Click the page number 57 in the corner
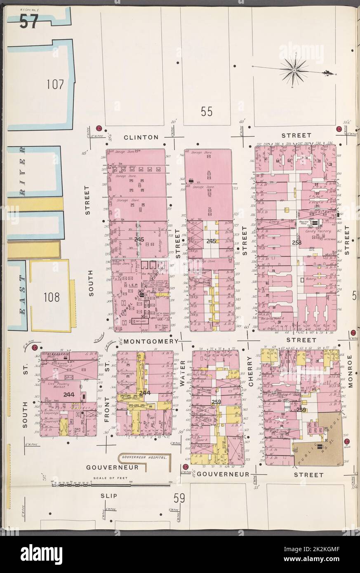(x=28, y=21)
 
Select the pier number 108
(x=54, y=296)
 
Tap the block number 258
(x=297, y=243)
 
